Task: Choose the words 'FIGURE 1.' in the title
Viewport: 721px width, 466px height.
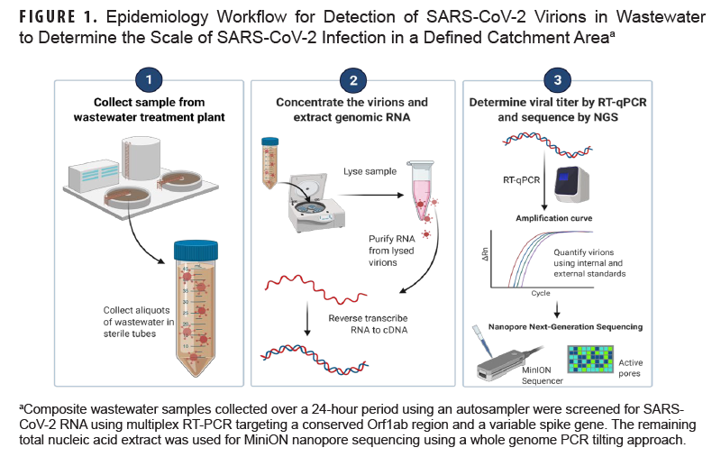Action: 53,17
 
